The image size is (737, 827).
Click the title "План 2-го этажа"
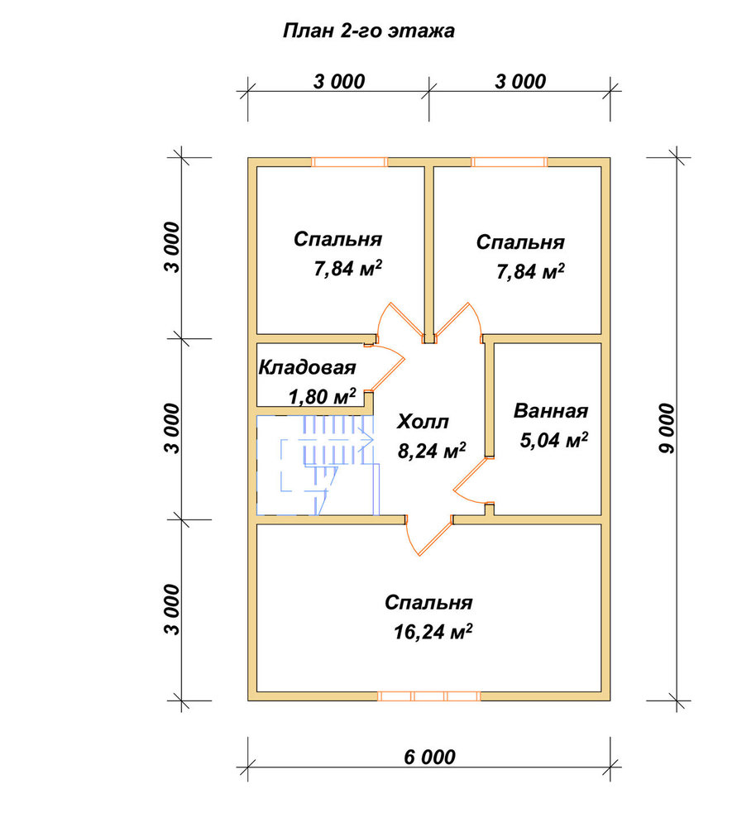[x=368, y=31]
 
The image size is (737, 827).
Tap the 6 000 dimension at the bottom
[x=429, y=758]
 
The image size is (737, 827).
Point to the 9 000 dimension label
[x=667, y=428]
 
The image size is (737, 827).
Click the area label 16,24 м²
[x=433, y=631]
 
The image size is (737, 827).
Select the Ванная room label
[x=551, y=411]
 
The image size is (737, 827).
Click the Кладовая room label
[x=307, y=367]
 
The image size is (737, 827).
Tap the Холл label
[x=423, y=422]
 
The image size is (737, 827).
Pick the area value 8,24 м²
[x=432, y=451]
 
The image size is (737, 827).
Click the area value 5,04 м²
[x=554, y=440]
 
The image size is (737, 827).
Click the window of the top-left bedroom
[x=349, y=162]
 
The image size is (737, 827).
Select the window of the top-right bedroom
[x=509, y=162]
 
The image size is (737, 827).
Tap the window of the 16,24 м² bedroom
[x=429, y=696]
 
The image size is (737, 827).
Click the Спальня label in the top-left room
[x=337, y=239]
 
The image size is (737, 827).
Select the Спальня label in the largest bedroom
[x=428, y=602]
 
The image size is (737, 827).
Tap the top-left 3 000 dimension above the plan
[x=338, y=82]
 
